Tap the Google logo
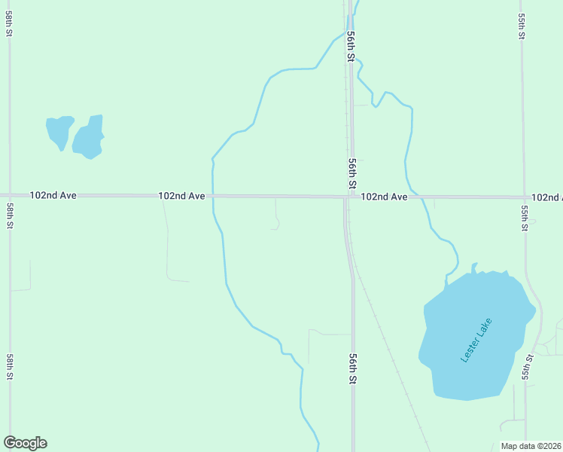click(x=25, y=443)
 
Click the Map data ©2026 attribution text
click(x=531, y=446)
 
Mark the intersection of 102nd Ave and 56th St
click(x=348, y=197)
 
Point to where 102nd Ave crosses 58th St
click(x=9, y=194)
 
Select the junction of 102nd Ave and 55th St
click(x=524, y=197)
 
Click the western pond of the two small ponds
click(x=59, y=130)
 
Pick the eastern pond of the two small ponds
click(x=88, y=139)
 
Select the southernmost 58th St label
click(x=10, y=365)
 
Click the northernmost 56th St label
click(x=351, y=46)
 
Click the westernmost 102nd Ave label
click(x=53, y=195)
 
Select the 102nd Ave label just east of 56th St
click(x=384, y=197)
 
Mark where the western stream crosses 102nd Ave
click(x=213, y=196)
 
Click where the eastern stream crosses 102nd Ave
click(x=414, y=197)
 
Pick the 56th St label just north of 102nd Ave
click(x=351, y=173)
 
